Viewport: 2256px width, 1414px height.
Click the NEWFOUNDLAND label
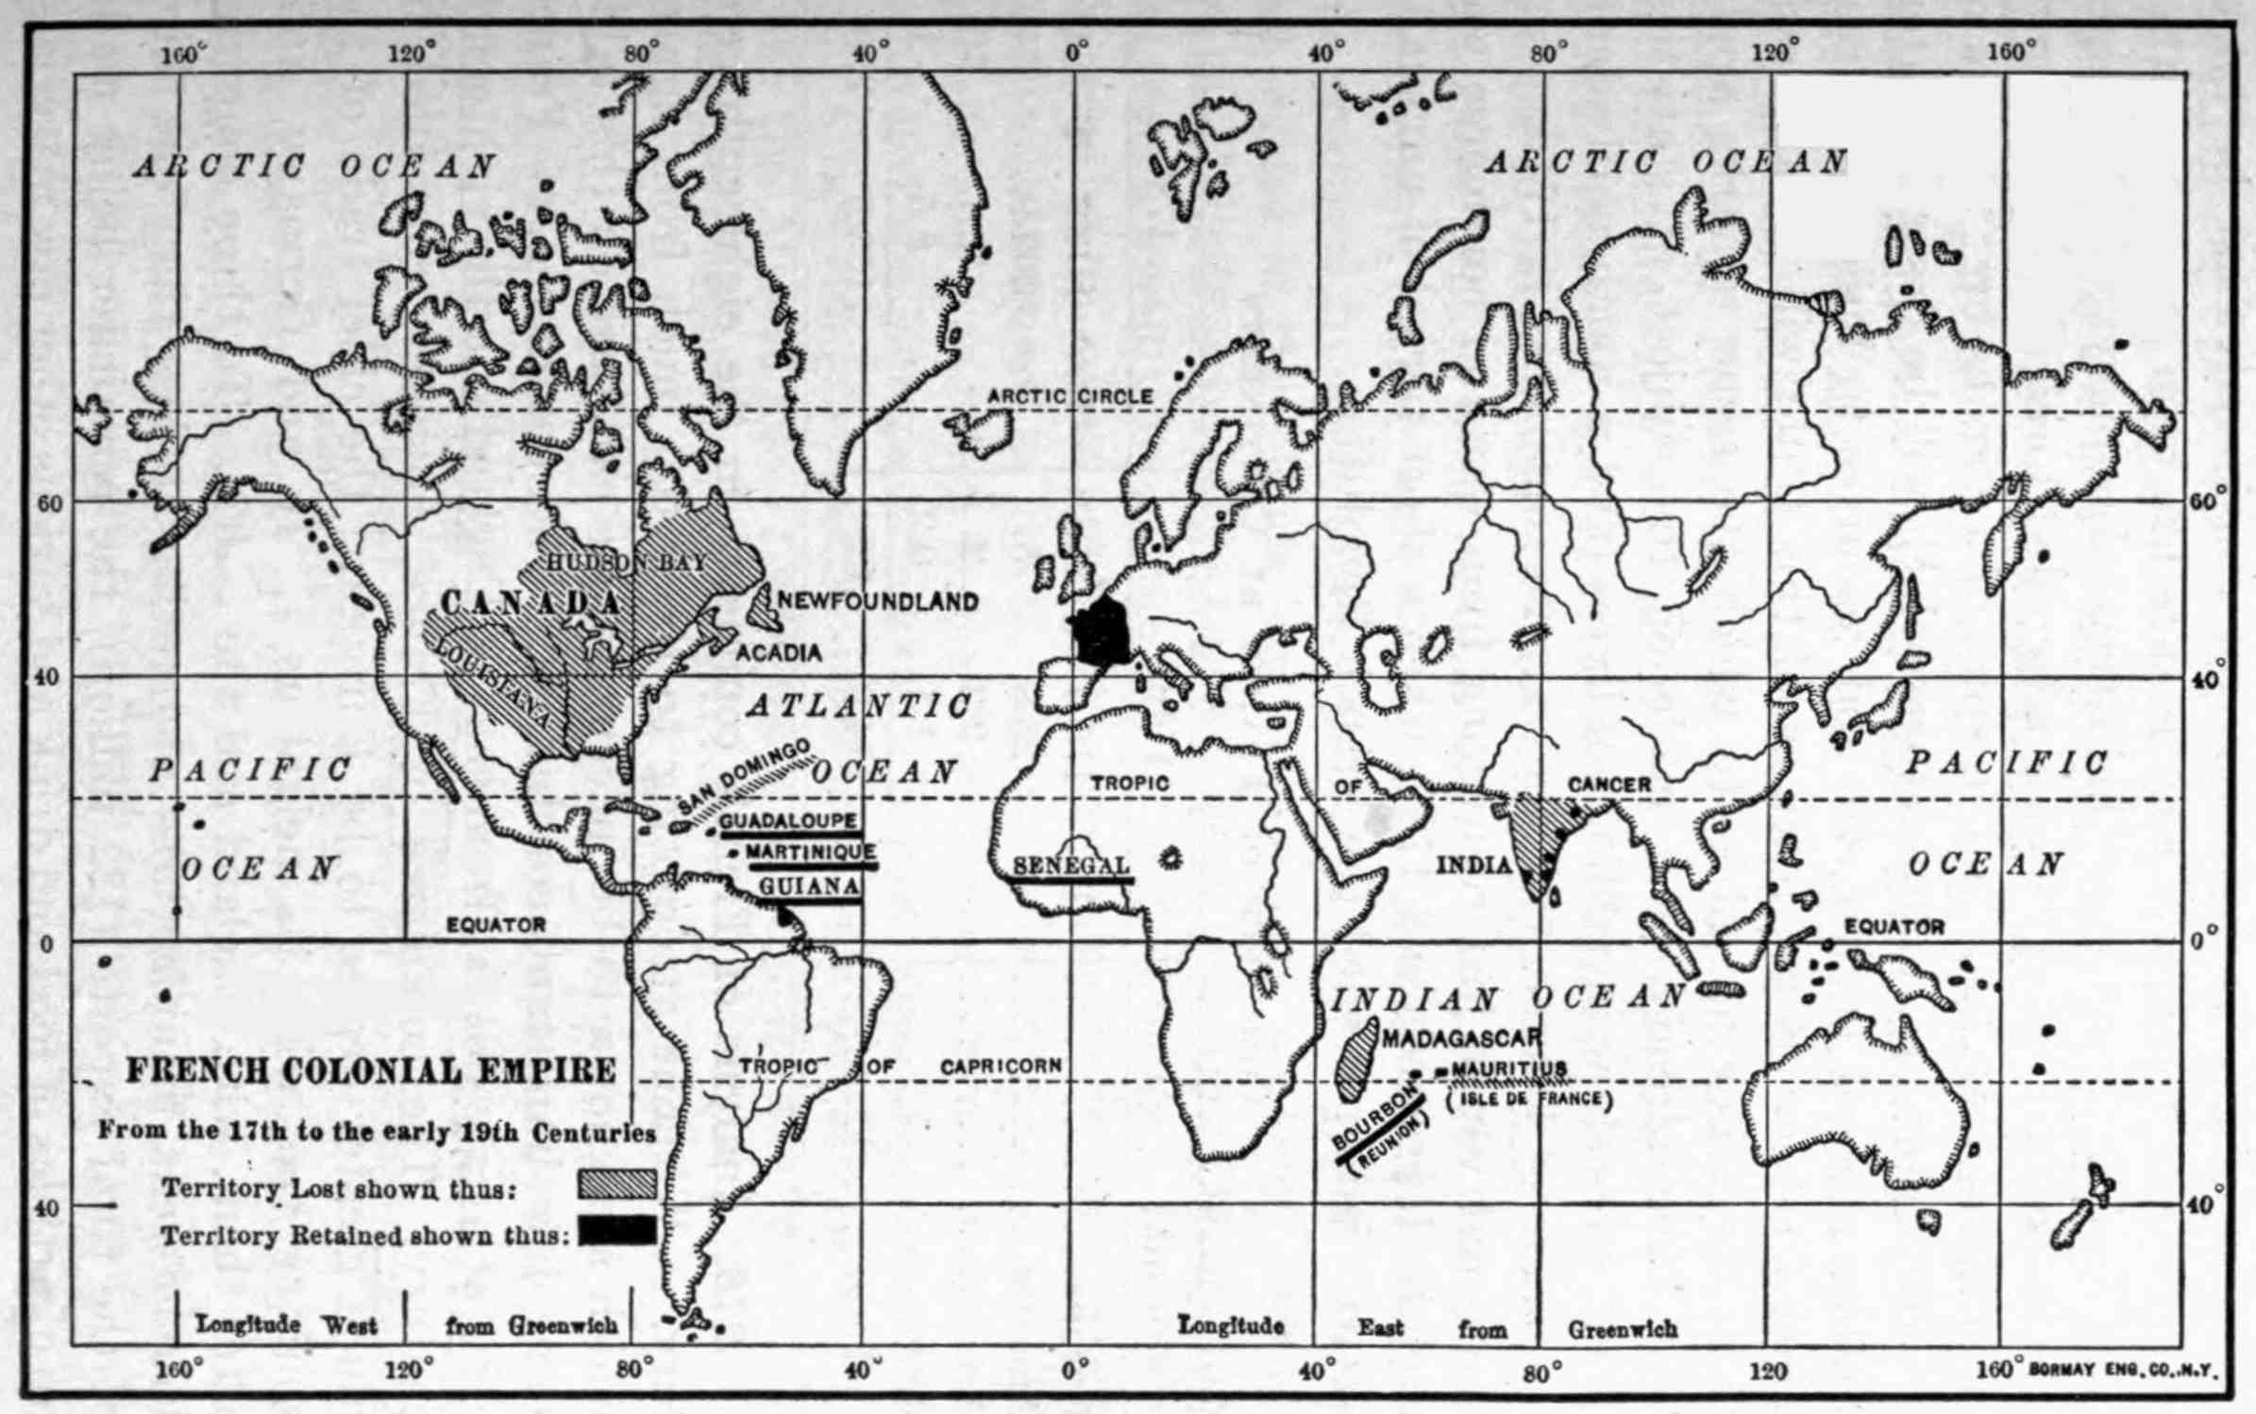pos(878,601)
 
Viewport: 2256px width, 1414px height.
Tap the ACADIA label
pos(779,652)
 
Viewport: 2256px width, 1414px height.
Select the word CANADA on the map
pos(531,603)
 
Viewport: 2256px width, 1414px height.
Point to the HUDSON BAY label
pos(626,562)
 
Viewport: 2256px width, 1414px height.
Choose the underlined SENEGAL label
pos(1070,866)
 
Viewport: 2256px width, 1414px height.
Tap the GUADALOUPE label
pos(789,821)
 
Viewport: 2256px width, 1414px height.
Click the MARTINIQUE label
pos(811,852)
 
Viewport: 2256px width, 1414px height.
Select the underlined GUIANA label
pos(809,886)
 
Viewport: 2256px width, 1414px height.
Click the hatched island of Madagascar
pos(1356,1062)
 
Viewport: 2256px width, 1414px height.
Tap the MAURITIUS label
pos(1508,1069)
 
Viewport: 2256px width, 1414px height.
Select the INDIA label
pos(1473,865)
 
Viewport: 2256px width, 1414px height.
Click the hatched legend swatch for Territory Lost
pos(617,1185)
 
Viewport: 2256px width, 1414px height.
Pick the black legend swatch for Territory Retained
pos(617,1230)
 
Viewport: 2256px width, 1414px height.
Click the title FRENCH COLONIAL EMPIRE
pos(371,1070)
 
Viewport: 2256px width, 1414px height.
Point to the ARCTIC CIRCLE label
pos(1069,396)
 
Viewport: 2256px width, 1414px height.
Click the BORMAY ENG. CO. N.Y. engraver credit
pos(2120,1370)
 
